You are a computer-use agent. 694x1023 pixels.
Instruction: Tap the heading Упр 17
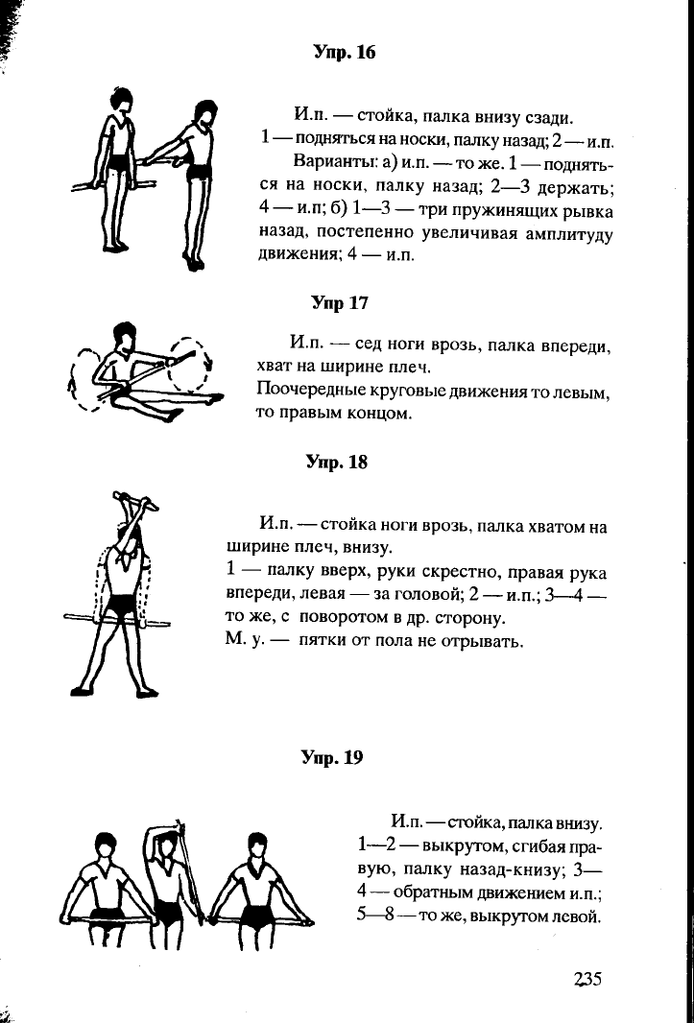(x=340, y=304)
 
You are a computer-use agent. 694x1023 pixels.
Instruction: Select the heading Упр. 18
(x=337, y=463)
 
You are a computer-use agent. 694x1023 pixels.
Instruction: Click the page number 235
(x=586, y=979)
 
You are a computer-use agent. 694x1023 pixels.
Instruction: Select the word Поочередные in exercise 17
(x=303, y=391)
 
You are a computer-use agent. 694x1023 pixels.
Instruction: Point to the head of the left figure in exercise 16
(x=122, y=99)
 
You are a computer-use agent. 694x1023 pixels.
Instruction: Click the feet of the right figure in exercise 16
(x=194, y=262)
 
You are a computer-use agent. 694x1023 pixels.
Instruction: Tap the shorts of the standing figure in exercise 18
(x=121, y=605)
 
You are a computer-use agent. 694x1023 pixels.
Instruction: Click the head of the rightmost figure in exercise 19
(x=256, y=846)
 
